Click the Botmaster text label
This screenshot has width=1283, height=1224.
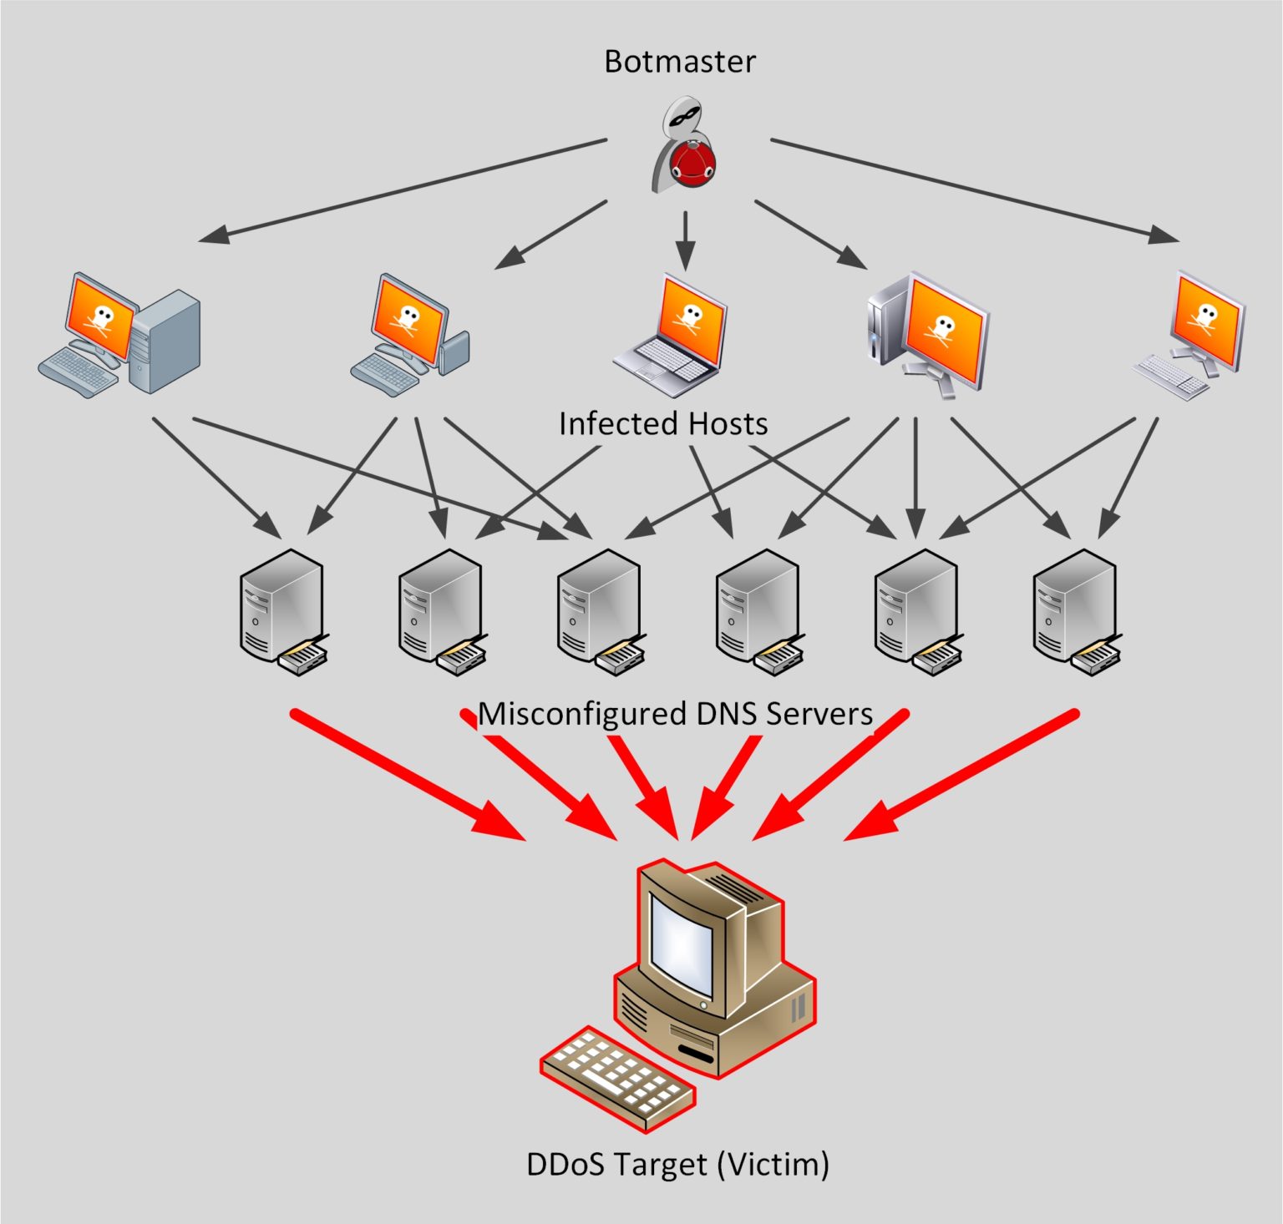tap(679, 62)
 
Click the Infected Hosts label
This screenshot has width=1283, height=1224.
tap(663, 424)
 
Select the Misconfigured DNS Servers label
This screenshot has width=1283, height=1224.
tap(675, 714)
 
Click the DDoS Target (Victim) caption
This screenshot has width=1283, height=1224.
tap(677, 1164)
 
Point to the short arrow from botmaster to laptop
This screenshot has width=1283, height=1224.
tap(685, 239)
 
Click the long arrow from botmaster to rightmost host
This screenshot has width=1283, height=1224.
tap(972, 191)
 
